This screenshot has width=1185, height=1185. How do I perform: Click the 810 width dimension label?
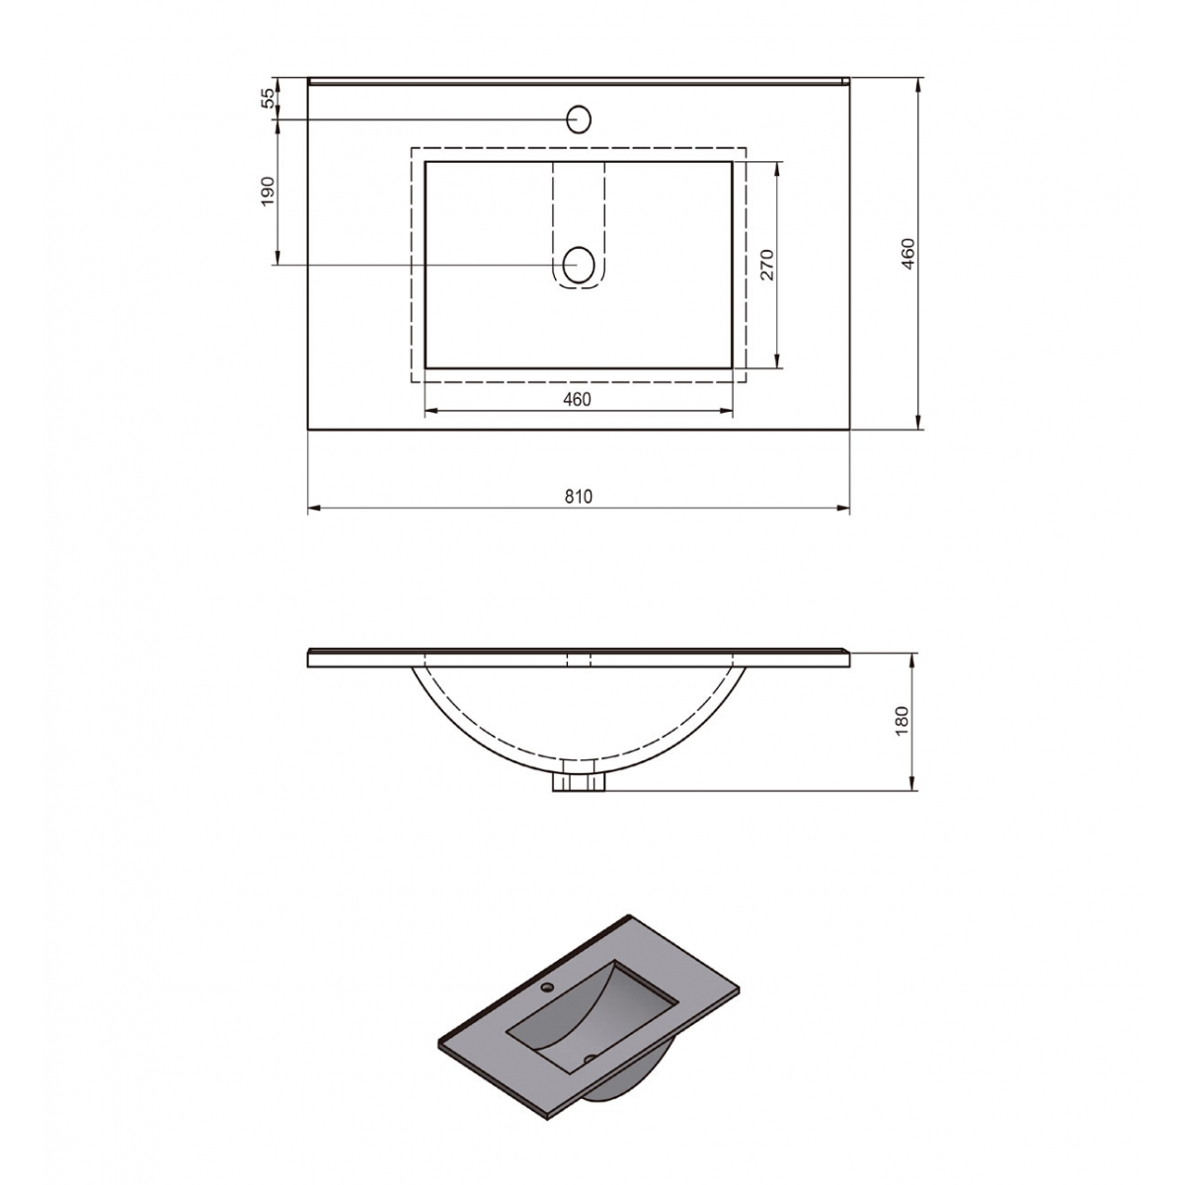(x=579, y=497)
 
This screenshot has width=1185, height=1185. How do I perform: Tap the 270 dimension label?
(x=767, y=265)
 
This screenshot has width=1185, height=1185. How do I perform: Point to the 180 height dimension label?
(x=901, y=721)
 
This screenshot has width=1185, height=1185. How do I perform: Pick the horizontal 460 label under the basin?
(x=577, y=399)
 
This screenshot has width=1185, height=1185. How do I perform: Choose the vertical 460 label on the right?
(x=908, y=254)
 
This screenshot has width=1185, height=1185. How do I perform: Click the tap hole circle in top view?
(x=579, y=119)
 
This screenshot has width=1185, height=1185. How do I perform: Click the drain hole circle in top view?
(x=579, y=265)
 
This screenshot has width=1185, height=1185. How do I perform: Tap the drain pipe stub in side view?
(x=579, y=782)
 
